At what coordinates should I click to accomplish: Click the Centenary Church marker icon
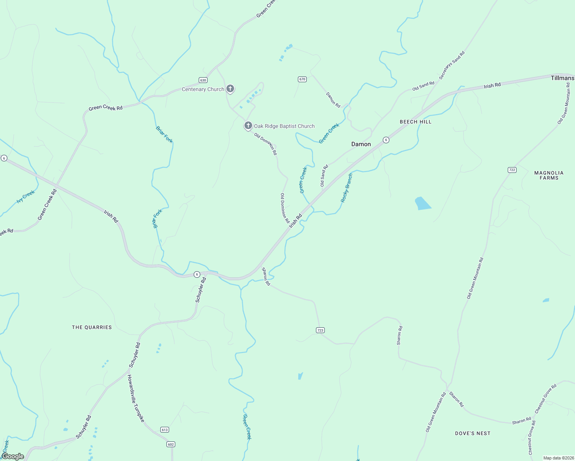pos(230,89)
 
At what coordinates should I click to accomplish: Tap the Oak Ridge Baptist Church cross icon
pos(248,126)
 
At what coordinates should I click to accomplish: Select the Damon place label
pos(361,144)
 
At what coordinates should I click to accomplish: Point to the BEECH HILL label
pos(415,122)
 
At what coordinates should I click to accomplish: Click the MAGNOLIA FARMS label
pos(548,175)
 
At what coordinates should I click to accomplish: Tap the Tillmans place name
pos(562,78)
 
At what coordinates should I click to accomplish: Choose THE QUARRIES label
pos(92,327)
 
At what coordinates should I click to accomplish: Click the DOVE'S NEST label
pos(472,433)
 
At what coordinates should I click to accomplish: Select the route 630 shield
pos(203,80)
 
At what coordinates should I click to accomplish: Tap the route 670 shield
pos(302,79)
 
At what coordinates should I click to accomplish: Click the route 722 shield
pos(512,170)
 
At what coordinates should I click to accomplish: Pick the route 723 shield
pos(321,330)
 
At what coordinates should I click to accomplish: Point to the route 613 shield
pos(165,429)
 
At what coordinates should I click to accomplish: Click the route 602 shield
pos(171,444)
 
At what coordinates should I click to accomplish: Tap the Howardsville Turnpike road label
pos(136,398)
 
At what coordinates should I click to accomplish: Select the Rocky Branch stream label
pos(346,188)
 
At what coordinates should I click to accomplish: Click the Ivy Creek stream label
pos(26,197)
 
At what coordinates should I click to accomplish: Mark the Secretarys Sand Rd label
pos(452,65)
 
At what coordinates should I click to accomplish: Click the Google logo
pos(13,456)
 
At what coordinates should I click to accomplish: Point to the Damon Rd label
pos(333,100)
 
